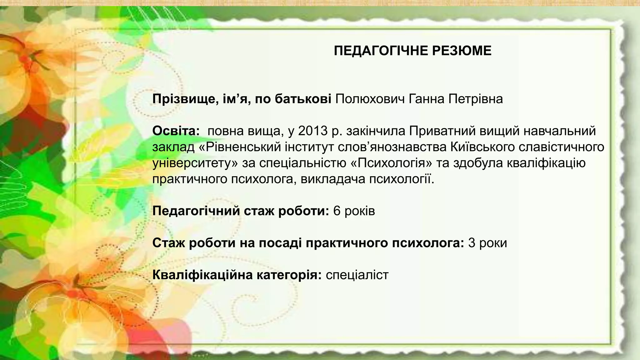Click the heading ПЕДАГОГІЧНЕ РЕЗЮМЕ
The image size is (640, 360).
[412, 51]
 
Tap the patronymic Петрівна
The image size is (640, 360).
[476, 99]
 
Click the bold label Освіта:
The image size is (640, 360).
[176, 131]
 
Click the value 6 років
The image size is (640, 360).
[354, 211]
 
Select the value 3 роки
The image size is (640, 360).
[487, 243]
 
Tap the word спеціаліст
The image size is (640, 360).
[357, 275]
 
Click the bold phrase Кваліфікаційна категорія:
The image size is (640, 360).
[237, 275]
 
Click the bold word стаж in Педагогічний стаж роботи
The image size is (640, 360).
[259, 211]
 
